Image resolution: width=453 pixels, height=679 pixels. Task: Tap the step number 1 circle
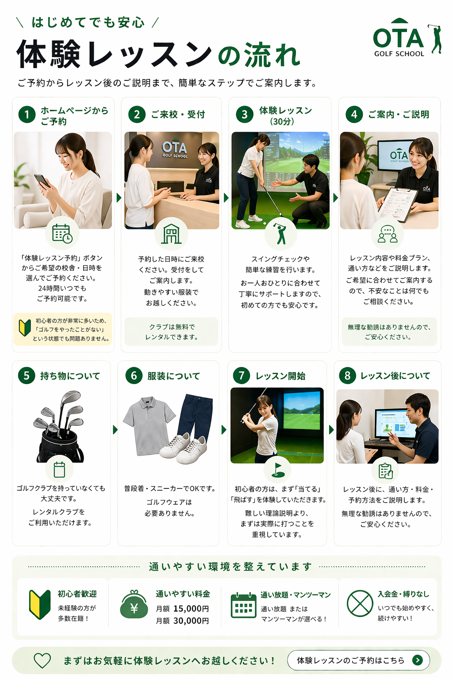(x=27, y=115)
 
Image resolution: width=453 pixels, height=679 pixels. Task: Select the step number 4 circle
(x=354, y=114)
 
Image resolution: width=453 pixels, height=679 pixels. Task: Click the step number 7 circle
(x=242, y=376)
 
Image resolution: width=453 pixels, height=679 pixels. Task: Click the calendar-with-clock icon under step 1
(x=62, y=233)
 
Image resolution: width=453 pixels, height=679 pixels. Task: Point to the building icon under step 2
(x=171, y=234)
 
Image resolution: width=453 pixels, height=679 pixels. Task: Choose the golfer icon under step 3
(x=280, y=234)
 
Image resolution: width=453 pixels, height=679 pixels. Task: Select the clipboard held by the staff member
(x=397, y=204)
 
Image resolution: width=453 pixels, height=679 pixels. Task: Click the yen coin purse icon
(x=134, y=605)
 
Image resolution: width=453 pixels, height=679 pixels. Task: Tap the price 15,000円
(x=191, y=609)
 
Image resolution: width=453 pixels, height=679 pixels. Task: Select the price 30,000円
(x=191, y=621)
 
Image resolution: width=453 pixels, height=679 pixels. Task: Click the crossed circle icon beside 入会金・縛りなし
(x=360, y=603)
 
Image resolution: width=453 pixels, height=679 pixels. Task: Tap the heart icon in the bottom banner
(x=42, y=660)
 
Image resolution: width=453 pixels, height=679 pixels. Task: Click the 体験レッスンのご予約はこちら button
(x=358, y=660)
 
